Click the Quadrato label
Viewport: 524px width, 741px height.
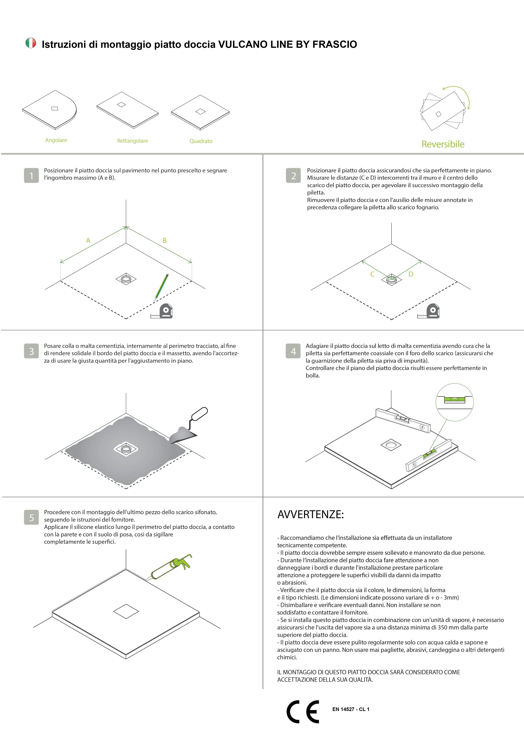pyautogui.click(x=201, y=141)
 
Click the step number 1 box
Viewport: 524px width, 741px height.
pyautogui.click(x=31, y=176)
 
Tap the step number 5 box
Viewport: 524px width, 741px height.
pyautogui.click(x=31, y=518)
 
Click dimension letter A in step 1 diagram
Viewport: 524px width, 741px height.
pyautogui.click(x=88, y=240)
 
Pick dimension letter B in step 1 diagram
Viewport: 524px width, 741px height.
pyautogui.click(x=165, y=240)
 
